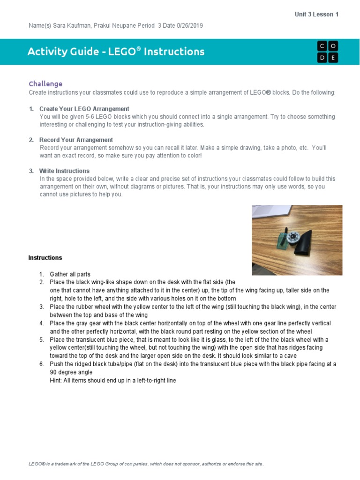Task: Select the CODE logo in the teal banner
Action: pos(327,52)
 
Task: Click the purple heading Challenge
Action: pos(45,84)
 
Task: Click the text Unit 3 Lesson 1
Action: pos(316,15)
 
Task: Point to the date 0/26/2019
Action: pos(190,25)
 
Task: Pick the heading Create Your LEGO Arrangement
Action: pos(84,109)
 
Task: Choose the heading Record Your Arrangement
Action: pos(76,140)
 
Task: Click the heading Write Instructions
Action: pos(64,171)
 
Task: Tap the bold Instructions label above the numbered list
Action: pos(45,258)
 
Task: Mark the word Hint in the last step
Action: pos(57,381)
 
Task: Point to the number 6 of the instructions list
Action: pos(41,364)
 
